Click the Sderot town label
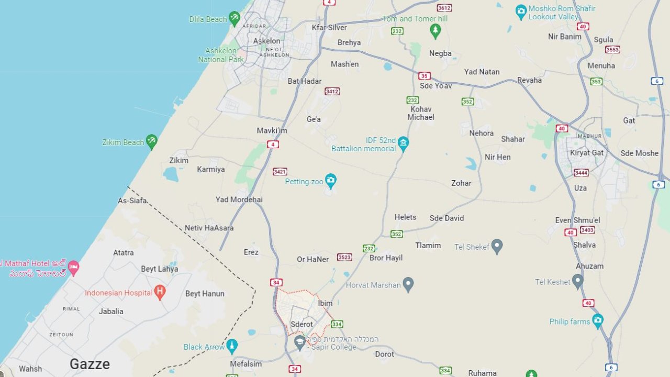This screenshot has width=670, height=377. tap(301, 324)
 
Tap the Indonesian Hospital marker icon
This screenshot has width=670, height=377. tap(160, 293)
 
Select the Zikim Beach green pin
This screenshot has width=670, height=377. tap(151, 141)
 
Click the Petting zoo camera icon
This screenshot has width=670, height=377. tap(330, 181)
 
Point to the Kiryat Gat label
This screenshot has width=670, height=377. tap(587, 153)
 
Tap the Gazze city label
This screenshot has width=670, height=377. tap(90, 364)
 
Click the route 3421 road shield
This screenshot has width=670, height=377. tap(280, 172)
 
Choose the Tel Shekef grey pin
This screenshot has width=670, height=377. tap(497, 246)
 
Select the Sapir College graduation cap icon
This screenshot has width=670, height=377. tap(300, 343)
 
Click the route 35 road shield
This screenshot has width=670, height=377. tap(424, 76)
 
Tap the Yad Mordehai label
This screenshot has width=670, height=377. tap(239, 199)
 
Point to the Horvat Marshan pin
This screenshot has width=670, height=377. tap(408, 285)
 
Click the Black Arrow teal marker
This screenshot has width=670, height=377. tap(231, 346)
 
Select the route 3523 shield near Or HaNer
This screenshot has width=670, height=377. tap(344, 257)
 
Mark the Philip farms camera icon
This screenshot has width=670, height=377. tap(597, 321)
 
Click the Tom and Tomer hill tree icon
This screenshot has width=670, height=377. tap(435, 31)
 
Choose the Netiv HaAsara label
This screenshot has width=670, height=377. tap(209, 228)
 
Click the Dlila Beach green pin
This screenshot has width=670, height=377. tap(234, 19)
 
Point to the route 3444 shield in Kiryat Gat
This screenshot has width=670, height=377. tap(581, 173)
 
